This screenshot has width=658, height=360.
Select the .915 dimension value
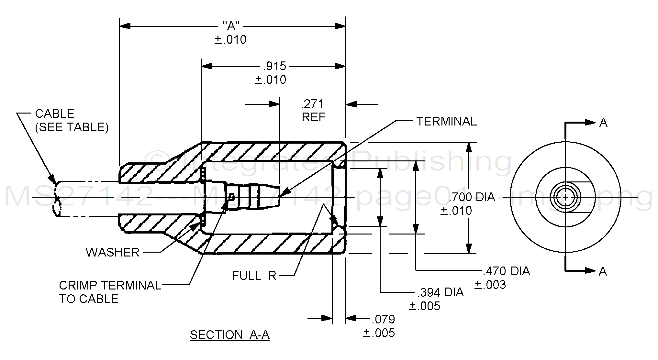[275, 66]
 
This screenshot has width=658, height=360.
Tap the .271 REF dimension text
[313, 110]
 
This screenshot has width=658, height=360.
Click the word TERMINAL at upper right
[446, 122]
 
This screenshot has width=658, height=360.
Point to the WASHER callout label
[113, 252]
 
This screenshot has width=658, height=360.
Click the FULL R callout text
[254, 276]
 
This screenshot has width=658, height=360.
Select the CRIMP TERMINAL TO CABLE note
[110, 292]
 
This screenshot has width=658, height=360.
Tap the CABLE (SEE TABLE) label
[72, 120]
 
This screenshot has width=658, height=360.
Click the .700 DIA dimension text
[472, 197]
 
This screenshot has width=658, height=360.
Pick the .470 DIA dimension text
[507, 271]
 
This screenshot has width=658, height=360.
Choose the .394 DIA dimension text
[441, 292]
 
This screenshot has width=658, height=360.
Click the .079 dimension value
[384, 319]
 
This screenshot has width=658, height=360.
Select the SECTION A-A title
[229, 335]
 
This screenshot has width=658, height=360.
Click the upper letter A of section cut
[603, 123]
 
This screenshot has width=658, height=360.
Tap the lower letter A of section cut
[603, 271]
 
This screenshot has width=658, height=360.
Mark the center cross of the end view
[565, 197]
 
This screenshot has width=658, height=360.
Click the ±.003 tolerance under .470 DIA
[490, 285]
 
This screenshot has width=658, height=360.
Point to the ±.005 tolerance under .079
[379, 333]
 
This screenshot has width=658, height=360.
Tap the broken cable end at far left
[57, 198]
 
